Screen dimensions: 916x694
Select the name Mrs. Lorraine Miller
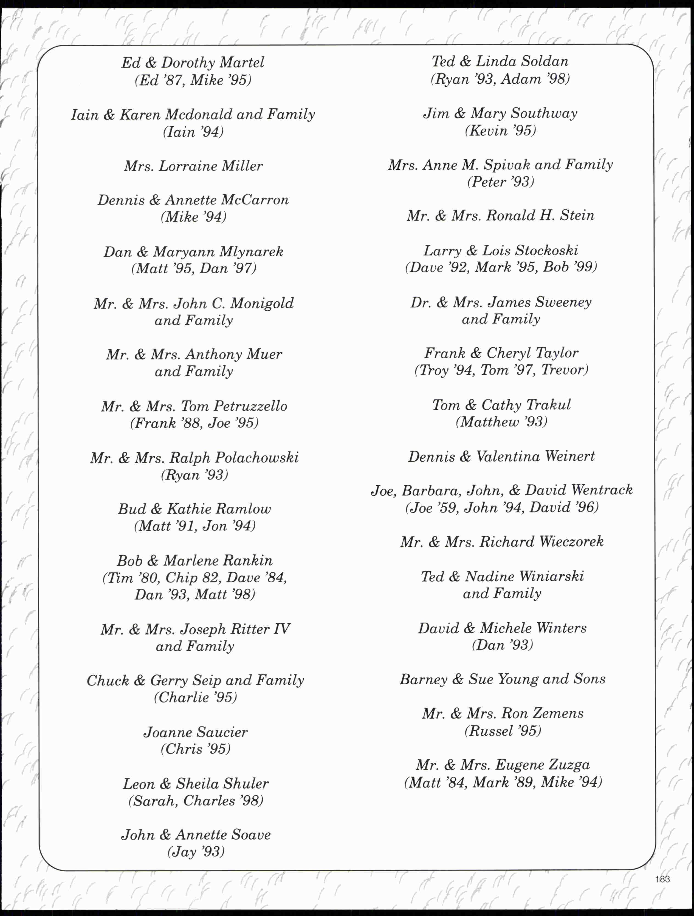(193, 166)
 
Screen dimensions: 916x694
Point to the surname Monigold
(262, 304)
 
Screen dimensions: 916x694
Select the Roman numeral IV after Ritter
(281, 629)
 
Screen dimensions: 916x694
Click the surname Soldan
(545, 62)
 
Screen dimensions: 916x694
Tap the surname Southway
(544, 113)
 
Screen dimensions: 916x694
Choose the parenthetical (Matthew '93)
(501, 422)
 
